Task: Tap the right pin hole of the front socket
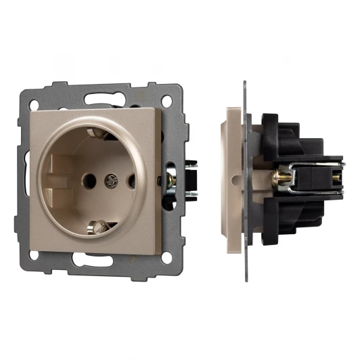(131, 181)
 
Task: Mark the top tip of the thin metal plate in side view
(244, 84)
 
